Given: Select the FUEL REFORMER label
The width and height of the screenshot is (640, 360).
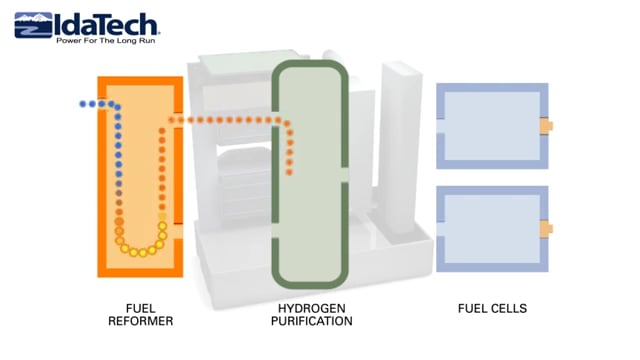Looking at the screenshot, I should click(x=140, y=315).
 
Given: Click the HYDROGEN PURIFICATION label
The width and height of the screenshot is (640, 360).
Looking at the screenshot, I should click(x=311, y=315).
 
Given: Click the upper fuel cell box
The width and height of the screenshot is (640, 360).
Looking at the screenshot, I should click(x=489, y=126).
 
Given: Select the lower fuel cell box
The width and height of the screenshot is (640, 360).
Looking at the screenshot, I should click(x=489, y=229).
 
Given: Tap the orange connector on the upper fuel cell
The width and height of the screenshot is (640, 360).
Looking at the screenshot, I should click(x=547, y=126).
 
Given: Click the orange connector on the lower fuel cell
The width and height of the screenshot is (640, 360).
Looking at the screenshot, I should click(x=547, y=229).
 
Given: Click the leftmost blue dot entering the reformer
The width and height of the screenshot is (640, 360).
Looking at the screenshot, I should click(x=83, y=104).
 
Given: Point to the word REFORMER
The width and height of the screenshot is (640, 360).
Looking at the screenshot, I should click(x=140, y=321).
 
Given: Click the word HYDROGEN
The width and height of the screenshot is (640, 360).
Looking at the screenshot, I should click(x=311, y=309).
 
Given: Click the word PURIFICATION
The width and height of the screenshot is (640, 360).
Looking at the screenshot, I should click(x=311, y=321).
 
